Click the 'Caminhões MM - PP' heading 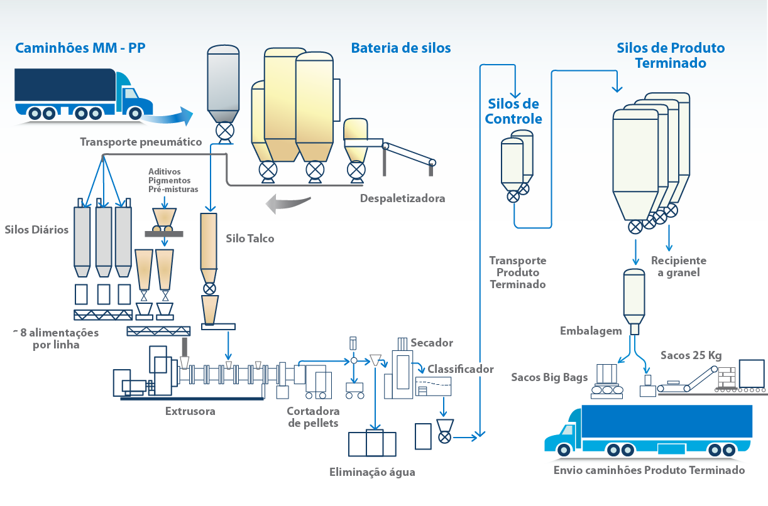(x=80, y=48)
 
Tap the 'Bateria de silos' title (x=401, y=48)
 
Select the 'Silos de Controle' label (x=513, y=111)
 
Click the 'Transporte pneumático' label (x=141, y=142)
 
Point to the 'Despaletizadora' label (x=402, y=198)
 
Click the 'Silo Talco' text (x=250, y=239)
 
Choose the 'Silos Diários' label (x=36, y=230)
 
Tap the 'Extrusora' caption (x=190, y=411)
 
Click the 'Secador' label (x=432, y=343)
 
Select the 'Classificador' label (x=461, y=369)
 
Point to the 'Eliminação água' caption (x=372, y=472)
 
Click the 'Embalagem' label (x=591, y=331)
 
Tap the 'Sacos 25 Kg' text (x=691, y=355)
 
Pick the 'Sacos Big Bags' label (x=549, y=377)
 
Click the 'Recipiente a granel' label (x=679, y=267)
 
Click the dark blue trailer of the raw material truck (x=65, y=85)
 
